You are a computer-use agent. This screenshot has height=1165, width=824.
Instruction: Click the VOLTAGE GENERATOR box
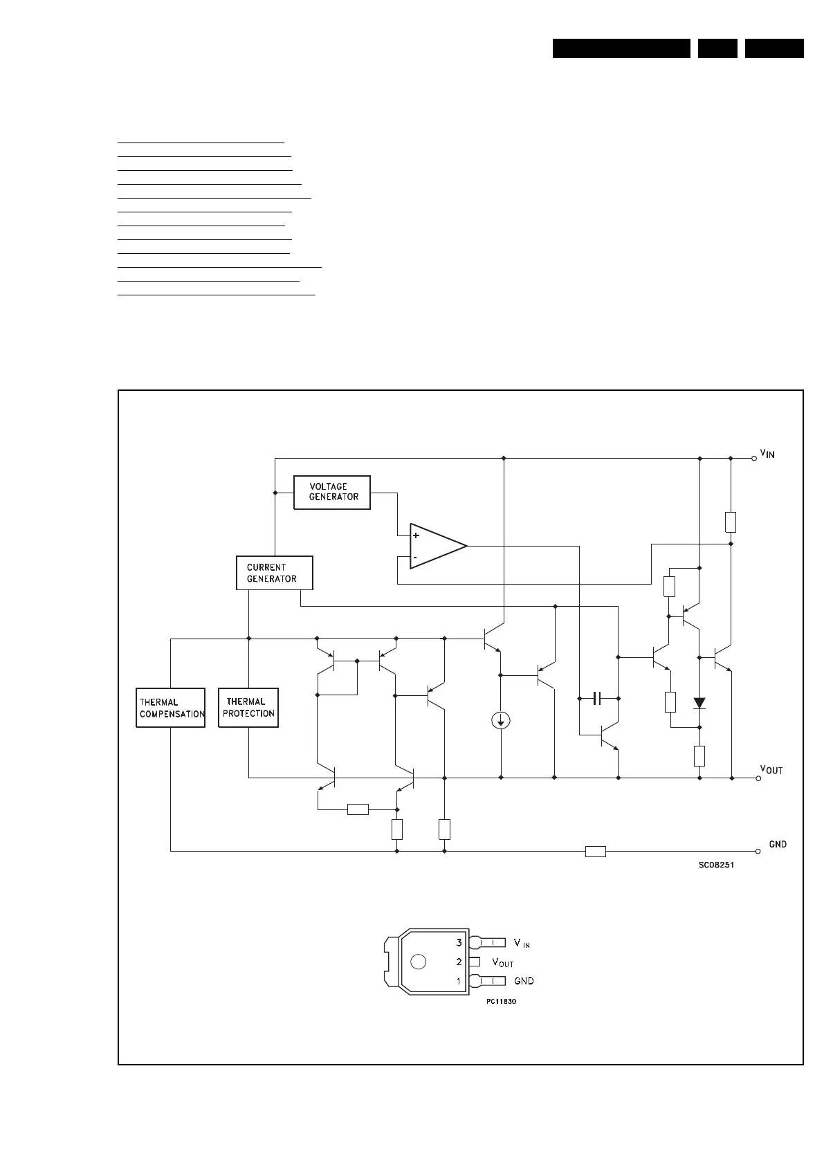[332, 492]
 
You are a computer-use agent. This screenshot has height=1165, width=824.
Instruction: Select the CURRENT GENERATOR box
[274, 573]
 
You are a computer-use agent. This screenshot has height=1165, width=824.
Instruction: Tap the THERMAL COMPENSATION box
[171, 708]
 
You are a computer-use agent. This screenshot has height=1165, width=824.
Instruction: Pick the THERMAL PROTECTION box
[248, 708]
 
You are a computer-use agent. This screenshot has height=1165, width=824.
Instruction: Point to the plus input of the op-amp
[416, 535]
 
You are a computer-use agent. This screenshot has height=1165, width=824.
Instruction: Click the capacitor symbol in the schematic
[598, 698]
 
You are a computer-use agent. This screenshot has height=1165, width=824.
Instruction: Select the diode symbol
[699, 704]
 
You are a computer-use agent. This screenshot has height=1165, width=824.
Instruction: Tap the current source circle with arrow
[501, 722]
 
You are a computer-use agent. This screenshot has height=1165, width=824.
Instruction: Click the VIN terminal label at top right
[767, 454]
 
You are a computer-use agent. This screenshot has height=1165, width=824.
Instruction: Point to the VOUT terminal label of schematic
[771, 769]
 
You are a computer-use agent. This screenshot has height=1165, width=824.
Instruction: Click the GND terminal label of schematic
[778, 844]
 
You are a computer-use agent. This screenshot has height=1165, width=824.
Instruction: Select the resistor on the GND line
[596, 852]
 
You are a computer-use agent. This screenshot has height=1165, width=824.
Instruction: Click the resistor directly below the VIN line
[731, 522]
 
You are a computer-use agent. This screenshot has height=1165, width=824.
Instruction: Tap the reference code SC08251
[716, 865]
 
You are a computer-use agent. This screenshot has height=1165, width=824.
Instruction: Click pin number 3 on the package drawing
[459, 942]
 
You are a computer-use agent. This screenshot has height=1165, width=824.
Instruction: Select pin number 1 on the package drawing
[458, 981]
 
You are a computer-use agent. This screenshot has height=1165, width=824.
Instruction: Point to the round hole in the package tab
[418, 962]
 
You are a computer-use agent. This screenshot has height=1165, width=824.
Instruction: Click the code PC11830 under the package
[501, 1001]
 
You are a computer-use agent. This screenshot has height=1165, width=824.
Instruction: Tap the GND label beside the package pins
[524, 981]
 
